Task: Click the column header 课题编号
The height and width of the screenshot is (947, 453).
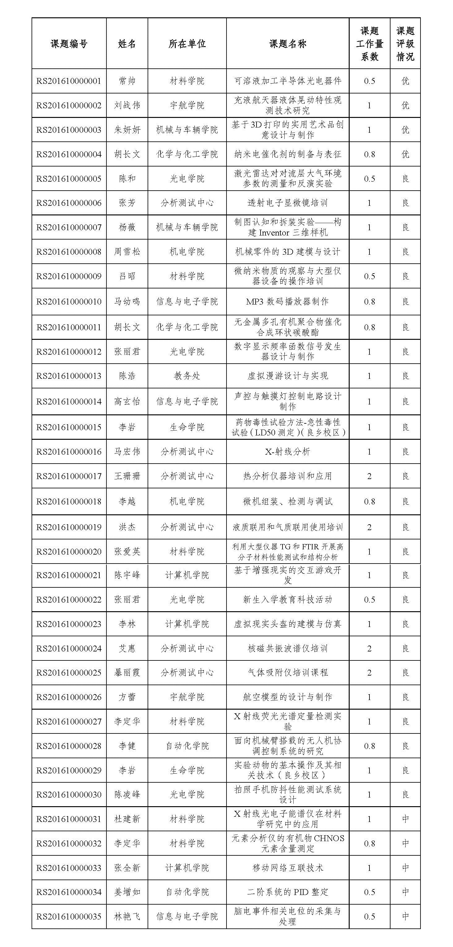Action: (69, 44)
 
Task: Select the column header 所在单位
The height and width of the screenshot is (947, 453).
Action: (187, 44)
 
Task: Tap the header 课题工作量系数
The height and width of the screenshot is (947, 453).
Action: (369, 44)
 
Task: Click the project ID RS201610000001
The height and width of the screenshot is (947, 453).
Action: (69, 81)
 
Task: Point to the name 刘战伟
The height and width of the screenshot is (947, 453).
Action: (127, 106)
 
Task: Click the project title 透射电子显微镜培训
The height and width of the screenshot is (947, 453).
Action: (287, 203)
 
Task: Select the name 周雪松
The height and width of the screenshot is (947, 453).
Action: (127, 252)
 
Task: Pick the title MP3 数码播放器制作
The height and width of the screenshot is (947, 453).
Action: (287, 302)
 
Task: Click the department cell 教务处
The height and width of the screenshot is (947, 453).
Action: (187, 376)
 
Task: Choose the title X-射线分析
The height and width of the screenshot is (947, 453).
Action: (287, 452)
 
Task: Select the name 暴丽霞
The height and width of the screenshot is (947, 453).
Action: (127, 673)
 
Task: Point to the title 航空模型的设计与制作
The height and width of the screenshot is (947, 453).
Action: (287, 697)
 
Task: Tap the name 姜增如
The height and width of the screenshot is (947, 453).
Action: (127, 892)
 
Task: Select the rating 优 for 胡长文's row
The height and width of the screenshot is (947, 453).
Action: (405, 154)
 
